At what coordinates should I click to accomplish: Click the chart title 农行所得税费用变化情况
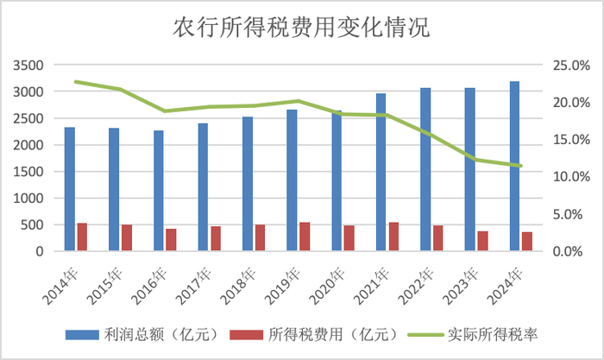301,28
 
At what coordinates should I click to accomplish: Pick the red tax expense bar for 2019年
305,237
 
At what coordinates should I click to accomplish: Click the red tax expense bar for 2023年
482,241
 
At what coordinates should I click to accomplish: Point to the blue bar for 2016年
159,191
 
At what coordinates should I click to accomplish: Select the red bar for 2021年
393,237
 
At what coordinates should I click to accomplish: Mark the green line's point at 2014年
76,81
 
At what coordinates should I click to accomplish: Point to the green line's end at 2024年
520,166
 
